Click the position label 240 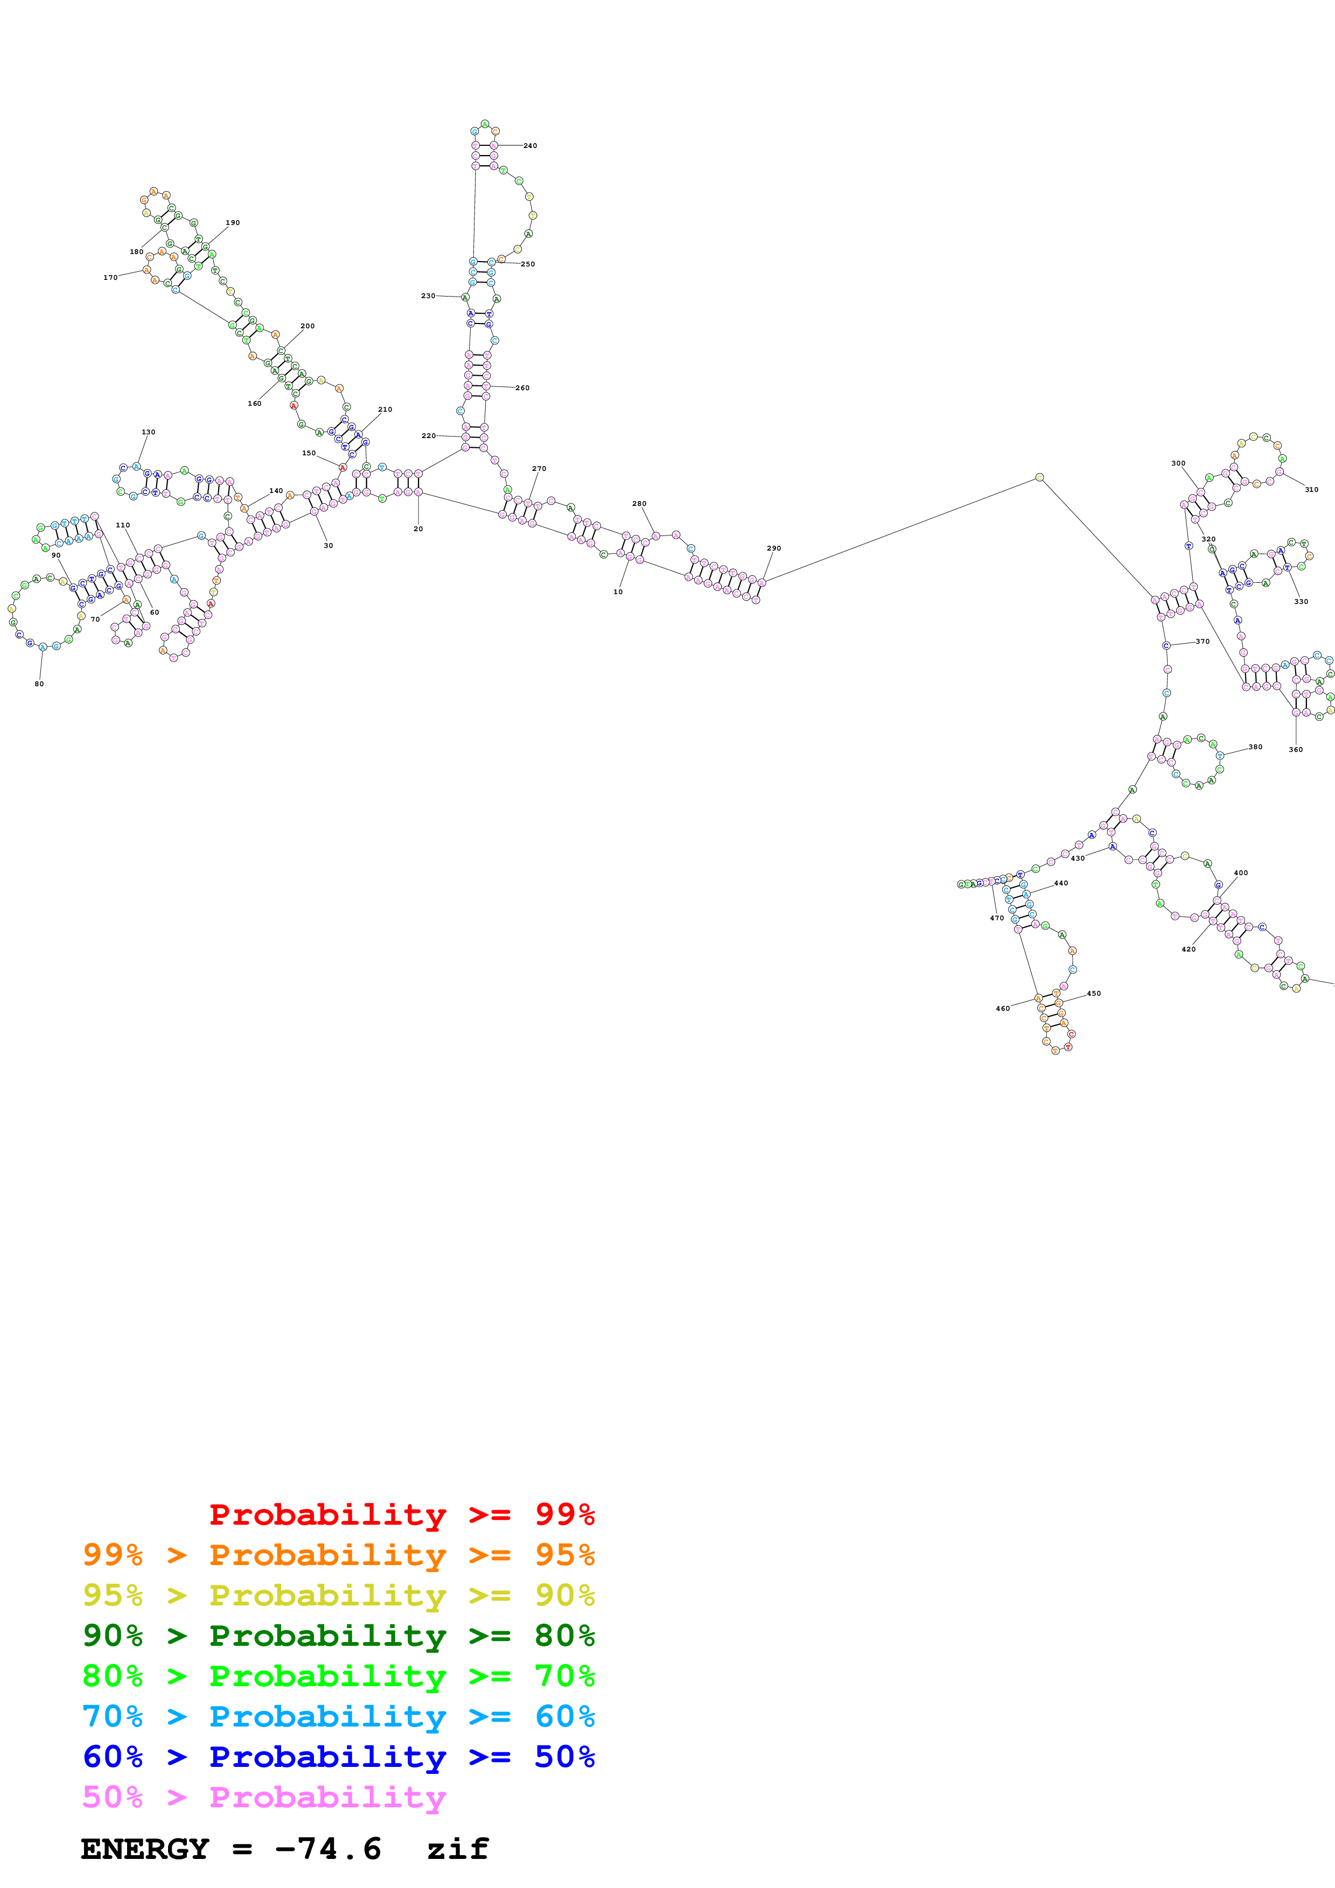[x=530, y=145]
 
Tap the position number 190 [x=233, y=223]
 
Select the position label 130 [x=148, y=432]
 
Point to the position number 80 [x=39, y=684]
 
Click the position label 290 [x=773, y=548]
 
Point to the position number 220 [x=429, y=436]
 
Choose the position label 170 [x=110, y=277]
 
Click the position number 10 [x=618, y=591]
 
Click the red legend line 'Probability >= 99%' [x=401, y=1514]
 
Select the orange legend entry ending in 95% [x=338, y=1555]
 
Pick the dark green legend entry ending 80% [x=338, y=1636]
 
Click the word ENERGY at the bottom [x=145, y=1849]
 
